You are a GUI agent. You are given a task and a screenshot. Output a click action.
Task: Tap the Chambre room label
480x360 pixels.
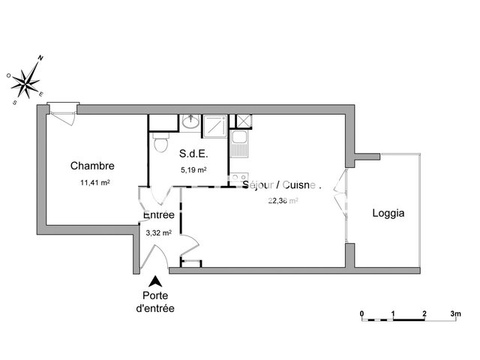[92, 166]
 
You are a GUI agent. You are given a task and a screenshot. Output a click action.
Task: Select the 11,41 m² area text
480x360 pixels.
[95, 182]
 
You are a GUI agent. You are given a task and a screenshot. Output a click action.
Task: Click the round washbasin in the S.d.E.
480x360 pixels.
[190, 122]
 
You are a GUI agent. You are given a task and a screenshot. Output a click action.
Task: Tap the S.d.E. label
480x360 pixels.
[193, 154]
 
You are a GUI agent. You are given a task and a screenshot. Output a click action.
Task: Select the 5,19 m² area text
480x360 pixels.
[193, 169]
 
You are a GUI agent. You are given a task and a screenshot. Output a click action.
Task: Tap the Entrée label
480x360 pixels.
[159, 215]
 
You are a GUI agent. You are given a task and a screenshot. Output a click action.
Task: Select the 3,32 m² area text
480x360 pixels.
[159, 232]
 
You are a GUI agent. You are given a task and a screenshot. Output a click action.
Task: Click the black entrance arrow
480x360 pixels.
[155, 282]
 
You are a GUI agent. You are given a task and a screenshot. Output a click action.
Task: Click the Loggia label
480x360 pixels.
[388, 213]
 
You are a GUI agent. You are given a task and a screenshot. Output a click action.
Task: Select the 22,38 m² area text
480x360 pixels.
[283, 200]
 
